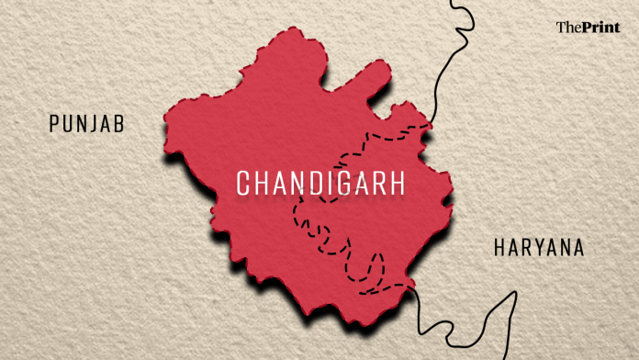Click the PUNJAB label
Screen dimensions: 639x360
pyautogui.click(x=87, y=124)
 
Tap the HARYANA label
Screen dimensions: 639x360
pyautogui.click(x=538, y=248)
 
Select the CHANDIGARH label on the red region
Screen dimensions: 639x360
pyautogui.click(x=321, y=183)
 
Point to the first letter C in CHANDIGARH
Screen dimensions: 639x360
pyautogui.click(x=244, y=183)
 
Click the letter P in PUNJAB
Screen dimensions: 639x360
pyautogui.click(x=55, y=124)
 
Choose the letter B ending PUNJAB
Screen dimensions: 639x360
pyautogui.click(x=120, y=124)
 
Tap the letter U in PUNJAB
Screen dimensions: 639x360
pyautogui.click(x=68, y=124)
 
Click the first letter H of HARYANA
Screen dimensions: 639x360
pyautogui.click(x=499, y=248)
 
